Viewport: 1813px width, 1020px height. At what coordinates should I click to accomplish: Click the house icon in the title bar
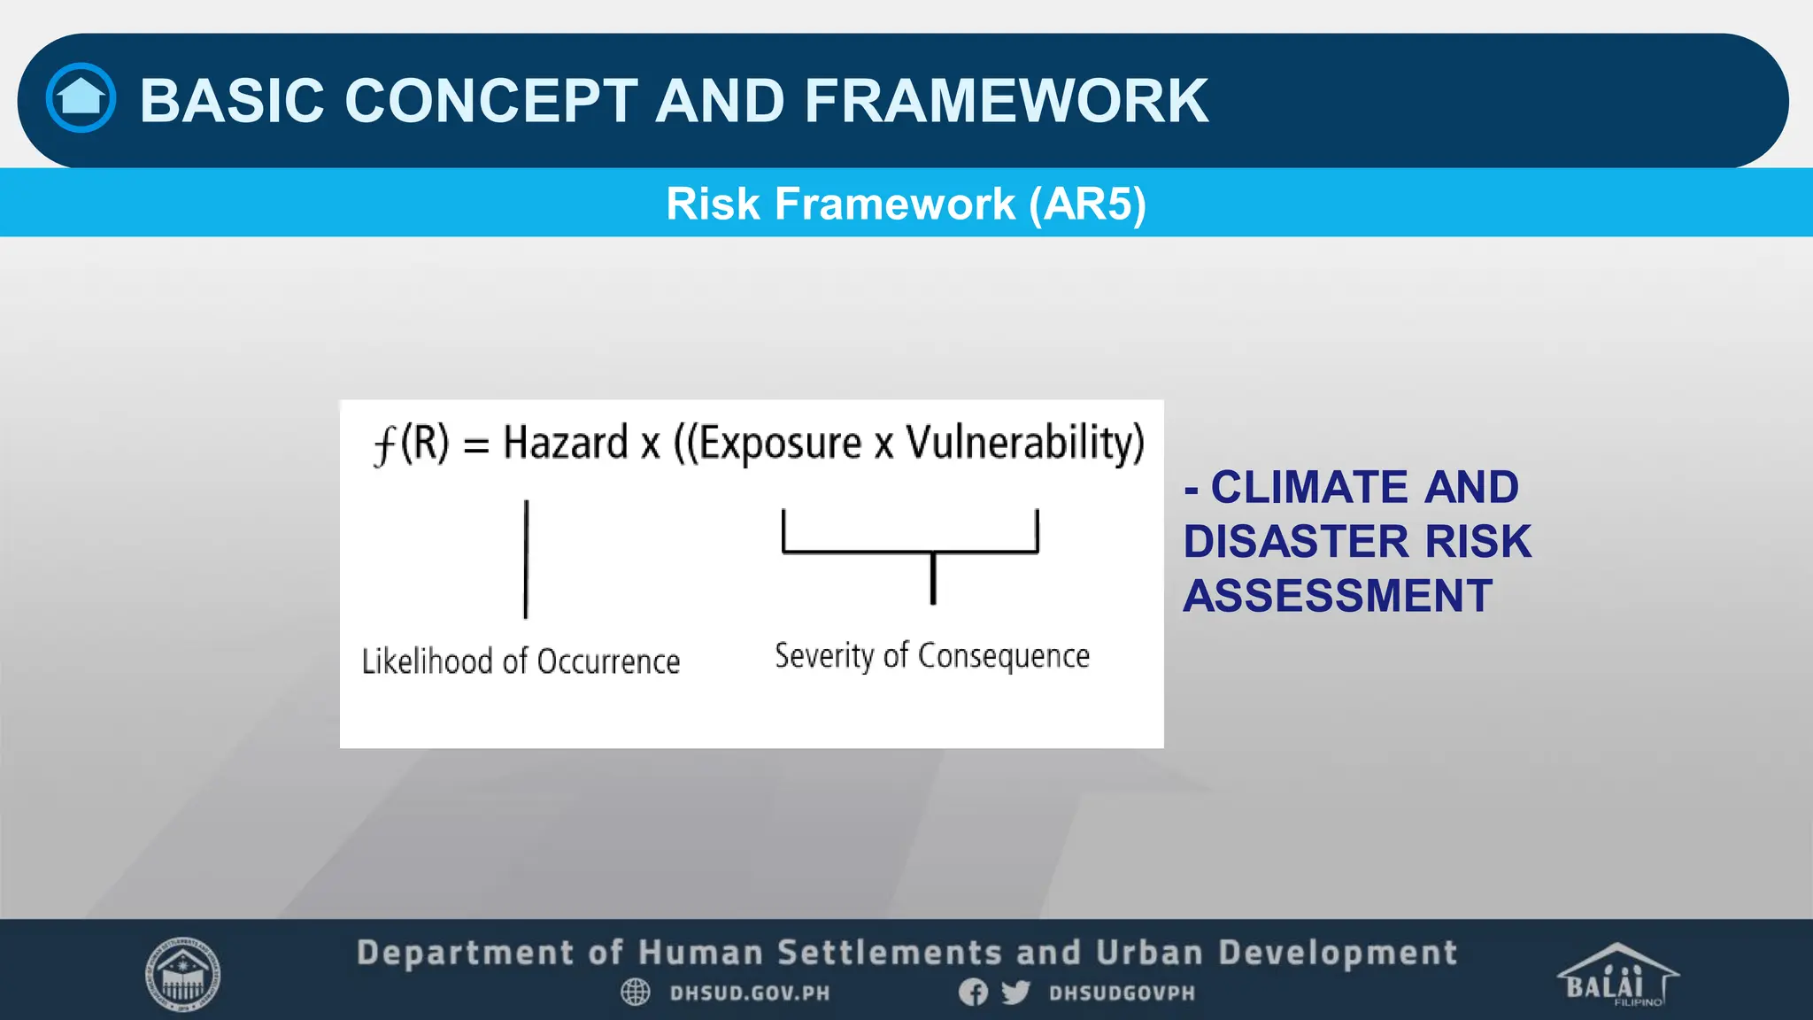[x=81, y=97]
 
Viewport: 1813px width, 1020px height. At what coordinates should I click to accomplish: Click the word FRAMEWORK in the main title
[x=1006, y=100]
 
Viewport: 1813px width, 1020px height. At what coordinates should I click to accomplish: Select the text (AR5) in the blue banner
[x=1087, y=204]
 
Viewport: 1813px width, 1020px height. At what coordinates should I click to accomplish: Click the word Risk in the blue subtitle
[x=713, y=204]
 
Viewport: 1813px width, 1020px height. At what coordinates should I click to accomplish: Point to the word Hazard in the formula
[x=566, y=442]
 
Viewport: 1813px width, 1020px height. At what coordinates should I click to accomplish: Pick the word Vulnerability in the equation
[x=1024, y=442]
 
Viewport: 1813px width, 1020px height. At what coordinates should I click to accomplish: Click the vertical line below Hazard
[x=526, y=559]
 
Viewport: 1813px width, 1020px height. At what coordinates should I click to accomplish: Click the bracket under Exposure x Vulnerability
[x=910, y=550]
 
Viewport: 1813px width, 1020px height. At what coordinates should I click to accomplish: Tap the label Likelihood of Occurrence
[x=521, y=661]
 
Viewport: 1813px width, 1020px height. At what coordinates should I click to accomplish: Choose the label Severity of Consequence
[x=932, y=656]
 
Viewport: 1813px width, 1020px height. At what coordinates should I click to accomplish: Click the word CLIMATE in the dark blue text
[x=1309, y=487]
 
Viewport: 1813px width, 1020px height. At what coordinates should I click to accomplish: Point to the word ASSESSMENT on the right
[x=1338, y=595]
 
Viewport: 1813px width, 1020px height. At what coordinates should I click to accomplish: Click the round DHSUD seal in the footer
[x=182, y=974]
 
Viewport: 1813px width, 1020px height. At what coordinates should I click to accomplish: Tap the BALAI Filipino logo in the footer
[x=1616, y=975]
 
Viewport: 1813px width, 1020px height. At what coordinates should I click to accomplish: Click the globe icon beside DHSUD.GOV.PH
[x=635, y=992]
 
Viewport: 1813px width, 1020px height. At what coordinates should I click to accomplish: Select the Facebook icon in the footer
[x=973, y=992]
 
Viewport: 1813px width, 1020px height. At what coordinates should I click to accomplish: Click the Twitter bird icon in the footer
[x=1015, y=992]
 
